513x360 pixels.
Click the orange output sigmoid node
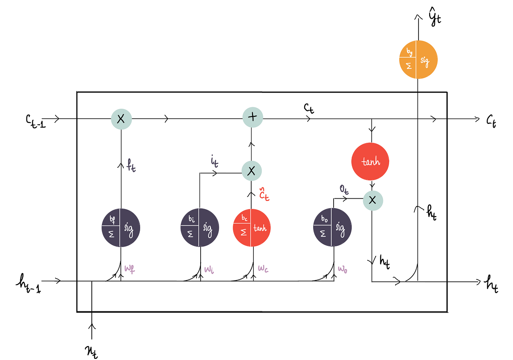[418, 60]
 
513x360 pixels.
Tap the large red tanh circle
[370, 161]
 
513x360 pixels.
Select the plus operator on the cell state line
[252, 117]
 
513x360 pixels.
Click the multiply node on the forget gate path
[121, 119]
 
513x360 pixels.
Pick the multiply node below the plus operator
[251, 171]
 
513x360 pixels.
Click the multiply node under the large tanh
[372, 200]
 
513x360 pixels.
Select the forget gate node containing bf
[121, 228]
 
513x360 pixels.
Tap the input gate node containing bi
[200, 228]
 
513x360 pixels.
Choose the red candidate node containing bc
[252, 228]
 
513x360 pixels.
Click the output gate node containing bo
[332, 228]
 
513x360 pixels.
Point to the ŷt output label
[435, 18]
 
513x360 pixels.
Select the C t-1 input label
[36, 121]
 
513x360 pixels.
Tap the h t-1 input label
[28, 283]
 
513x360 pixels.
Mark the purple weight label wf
[130, 269]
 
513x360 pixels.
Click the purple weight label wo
[342, 269]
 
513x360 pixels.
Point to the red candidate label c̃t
[264, 195]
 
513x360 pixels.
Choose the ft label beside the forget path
[131, 165]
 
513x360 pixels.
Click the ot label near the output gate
[344, 189]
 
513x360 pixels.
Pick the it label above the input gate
[214, 161]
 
